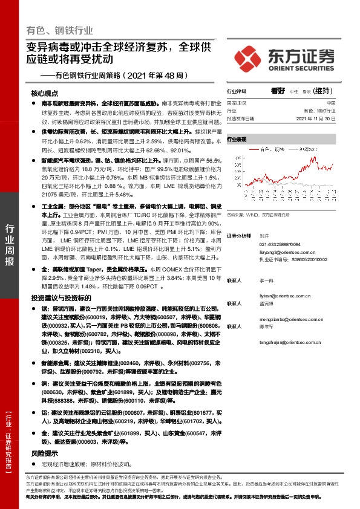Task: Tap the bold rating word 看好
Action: click(x=278, y=91)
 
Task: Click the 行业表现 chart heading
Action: click(x=237, y=139)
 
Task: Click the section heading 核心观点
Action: click(x=45, y=94)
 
